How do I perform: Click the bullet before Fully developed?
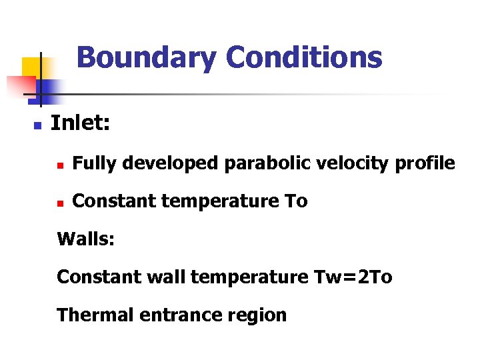[60, 164]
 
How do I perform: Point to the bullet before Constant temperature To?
[60, 202]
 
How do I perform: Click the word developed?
[166, 163]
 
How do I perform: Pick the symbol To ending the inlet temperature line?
[296, 201]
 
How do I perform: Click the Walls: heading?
[86, 239]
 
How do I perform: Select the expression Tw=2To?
[353, 277]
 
